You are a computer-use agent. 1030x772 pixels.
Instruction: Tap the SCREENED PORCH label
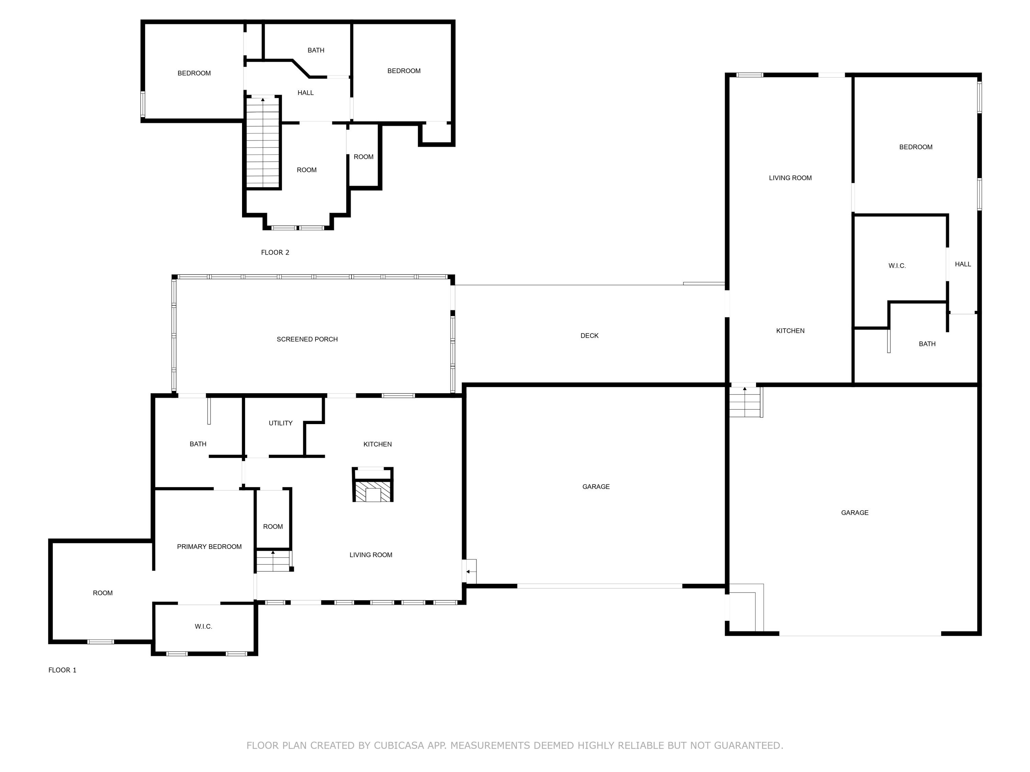[x=307, y=339]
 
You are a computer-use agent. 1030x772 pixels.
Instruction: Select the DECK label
[x=589, y=336]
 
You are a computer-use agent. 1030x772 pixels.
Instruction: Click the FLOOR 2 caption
[x=275, y=252]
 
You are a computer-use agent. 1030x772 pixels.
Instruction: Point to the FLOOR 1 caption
[x=62, y=670]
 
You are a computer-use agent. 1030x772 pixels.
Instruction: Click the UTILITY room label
[x=280, y=423]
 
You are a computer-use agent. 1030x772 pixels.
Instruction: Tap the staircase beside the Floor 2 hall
[x=263, y=142]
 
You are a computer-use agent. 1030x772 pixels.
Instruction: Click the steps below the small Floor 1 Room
[x=273, y=561]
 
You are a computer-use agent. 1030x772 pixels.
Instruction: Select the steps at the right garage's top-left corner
[x=745, y=402]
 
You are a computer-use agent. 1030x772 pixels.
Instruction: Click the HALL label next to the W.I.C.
[x=962, y=264]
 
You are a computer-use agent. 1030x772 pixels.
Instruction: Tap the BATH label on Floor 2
[x=316, y=50]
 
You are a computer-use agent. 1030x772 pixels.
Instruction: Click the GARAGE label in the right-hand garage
[x=855, y=512]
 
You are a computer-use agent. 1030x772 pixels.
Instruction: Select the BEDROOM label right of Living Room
[x=915, y=147]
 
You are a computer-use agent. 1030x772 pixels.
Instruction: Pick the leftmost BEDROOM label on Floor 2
[x=194, y=73]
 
